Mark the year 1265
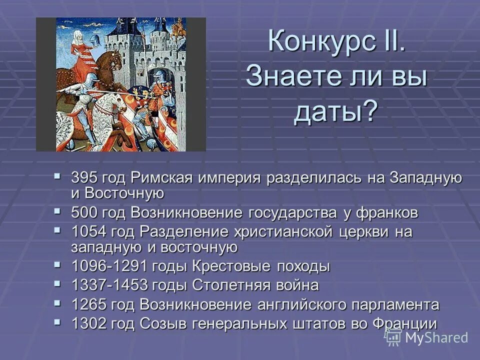(x=89, y=304)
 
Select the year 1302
(x=89, y=323)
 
